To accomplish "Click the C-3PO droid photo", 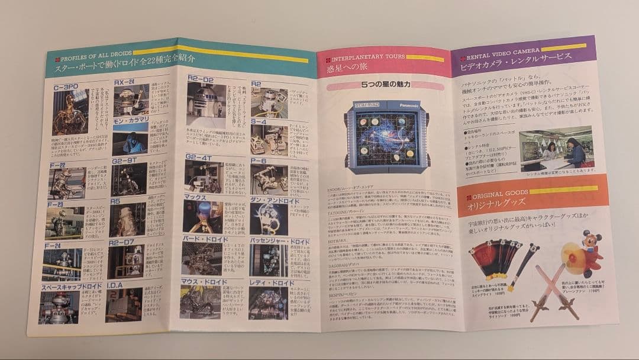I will click(x=70, y=112).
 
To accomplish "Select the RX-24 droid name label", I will click(x=125, y=82).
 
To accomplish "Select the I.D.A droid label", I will click(x=117, y=285).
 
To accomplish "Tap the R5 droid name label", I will click(x=116, y=202).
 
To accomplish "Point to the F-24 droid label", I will click(x=54, y=245).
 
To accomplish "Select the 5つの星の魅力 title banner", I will click(x=385, y=85).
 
